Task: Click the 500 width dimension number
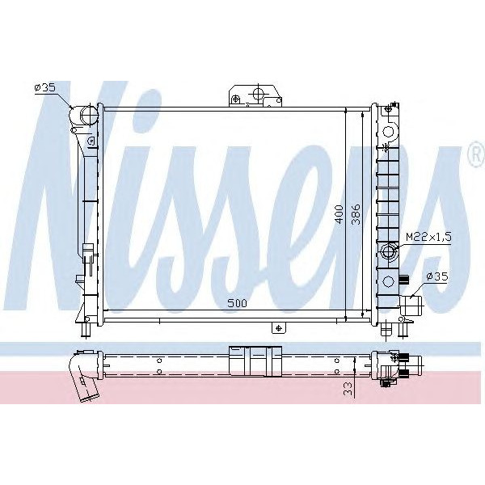click(x=236, y=303)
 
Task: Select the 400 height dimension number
click(x=340, y=212)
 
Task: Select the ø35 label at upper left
click(x=44, y=88)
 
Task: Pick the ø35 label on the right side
click(x=437, y=277)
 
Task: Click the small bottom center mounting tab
click(x=278, y=327)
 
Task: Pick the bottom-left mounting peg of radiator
click(x=83, y=329)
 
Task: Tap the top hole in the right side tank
click(x=390, y=131)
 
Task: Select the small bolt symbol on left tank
click(x=91, y=142)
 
